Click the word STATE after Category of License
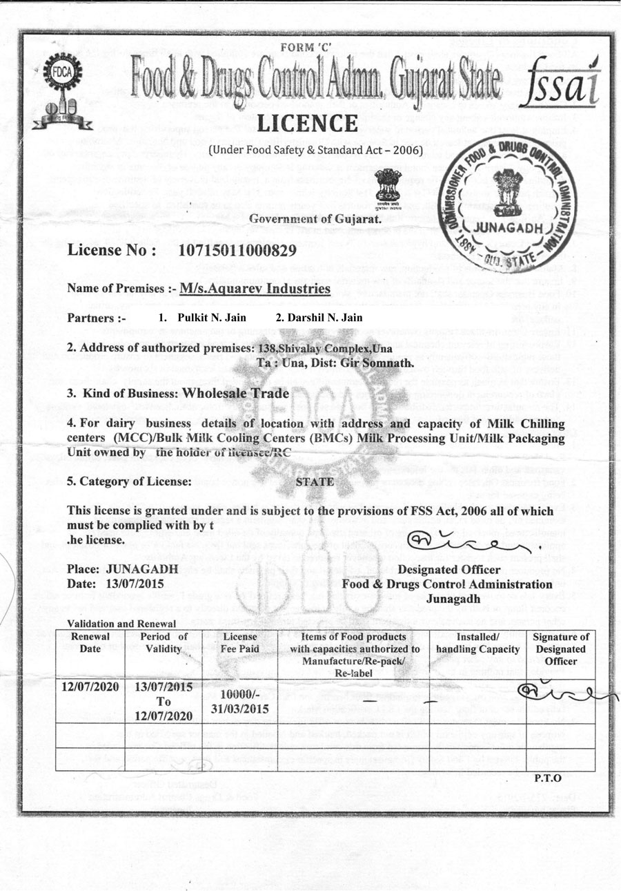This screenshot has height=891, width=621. [315, 482]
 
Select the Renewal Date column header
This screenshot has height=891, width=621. [90, 643]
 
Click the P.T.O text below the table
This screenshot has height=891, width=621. [549, 778]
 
